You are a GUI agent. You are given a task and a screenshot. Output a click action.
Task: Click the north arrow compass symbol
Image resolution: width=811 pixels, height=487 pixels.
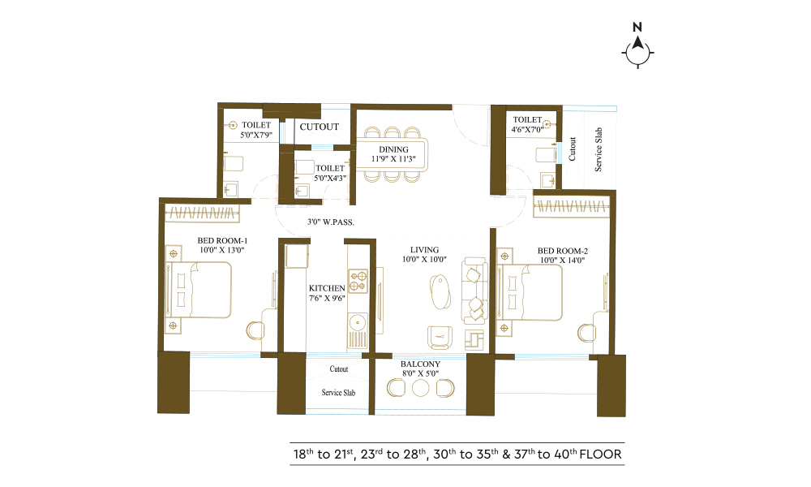pyautogui.click(x=637, y=51)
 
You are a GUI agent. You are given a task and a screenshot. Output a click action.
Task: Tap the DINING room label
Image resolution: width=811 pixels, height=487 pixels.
pyautogui.click(x=393, y=149)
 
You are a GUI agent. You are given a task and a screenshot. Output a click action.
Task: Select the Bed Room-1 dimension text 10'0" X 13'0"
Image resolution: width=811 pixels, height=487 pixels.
pyautogui.click(x=222, y=250)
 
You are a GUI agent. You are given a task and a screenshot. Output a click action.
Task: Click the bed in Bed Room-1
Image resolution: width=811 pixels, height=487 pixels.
pyautogui.click(x=199, y=290)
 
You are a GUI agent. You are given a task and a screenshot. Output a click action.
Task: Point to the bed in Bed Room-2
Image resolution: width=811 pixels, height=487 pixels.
pyautogui.click(x=530, y=293)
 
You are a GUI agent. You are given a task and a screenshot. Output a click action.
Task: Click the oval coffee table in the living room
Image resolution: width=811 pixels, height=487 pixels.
pyautogui.click(x=440, y=292)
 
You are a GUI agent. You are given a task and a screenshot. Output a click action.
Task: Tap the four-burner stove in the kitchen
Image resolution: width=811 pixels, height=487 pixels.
pyautogui.click(x=358, y=281)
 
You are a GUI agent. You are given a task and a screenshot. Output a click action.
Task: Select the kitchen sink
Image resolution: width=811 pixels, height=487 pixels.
pyautogui.click(x=357, y=324)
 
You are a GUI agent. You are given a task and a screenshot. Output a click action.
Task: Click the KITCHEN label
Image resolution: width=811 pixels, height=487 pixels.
pyautogui.click(x=327, y=288)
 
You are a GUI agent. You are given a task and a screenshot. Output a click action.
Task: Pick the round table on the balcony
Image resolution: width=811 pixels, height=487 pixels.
pyautogui.click(x=420, y=388)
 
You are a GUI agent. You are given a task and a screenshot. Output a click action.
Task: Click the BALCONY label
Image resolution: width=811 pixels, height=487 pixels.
pyautogui.click(x=420, y=364)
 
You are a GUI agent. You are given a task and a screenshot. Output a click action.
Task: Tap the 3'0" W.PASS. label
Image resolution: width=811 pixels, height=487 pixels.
pyautogui.click(x=331, y=222)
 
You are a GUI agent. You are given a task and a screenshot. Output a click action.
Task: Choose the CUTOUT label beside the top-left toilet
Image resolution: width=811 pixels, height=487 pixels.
pyautogui.click(x=319, y=127)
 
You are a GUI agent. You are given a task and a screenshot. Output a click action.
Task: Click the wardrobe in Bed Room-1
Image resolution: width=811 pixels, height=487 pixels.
pyautogui.click(x=202, y=213)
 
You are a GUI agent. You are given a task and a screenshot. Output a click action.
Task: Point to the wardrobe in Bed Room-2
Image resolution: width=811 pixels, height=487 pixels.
pyautogui.click(x=572, y=208)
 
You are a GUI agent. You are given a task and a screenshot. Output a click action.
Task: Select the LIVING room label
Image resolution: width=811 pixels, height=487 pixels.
pyautogui.click(x=425, y=250)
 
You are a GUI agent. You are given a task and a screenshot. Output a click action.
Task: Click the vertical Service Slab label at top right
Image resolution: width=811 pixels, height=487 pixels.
pyautogui.click(x=599, y=149)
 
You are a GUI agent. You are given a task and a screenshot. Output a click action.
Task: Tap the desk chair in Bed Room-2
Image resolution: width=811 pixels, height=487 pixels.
pyautogui.click(x=586, y=333)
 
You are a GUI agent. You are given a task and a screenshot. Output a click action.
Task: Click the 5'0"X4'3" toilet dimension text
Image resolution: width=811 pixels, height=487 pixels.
pyautogui.click(x=330, y=178)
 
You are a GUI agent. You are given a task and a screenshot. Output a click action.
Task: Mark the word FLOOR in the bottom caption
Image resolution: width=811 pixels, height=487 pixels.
pyautogui.click(x=600, y=455)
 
